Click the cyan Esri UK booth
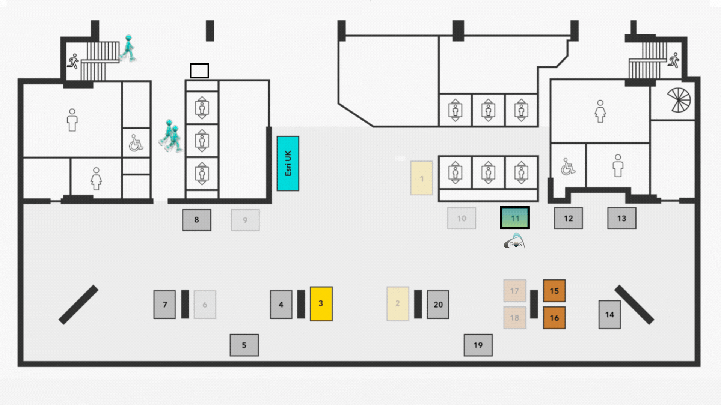[288, 163]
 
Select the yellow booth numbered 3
[321, 304]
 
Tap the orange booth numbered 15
[554, 291]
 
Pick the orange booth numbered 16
[554, 318]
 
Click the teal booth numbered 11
[515, 218]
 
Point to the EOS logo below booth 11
[515, 241]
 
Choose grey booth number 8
[197, 220]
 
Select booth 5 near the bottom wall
[244, 345]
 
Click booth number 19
[478, 345]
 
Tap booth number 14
[609, 315]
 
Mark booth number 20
[438, 304]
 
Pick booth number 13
[622, 218]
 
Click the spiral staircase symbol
[679, 100]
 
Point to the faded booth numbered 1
[422, 178]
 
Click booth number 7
[164, 304]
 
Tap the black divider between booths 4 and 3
[301, 304]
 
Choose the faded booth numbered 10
[462, 218]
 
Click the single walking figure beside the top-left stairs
[128, 48]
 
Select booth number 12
[569, 218]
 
